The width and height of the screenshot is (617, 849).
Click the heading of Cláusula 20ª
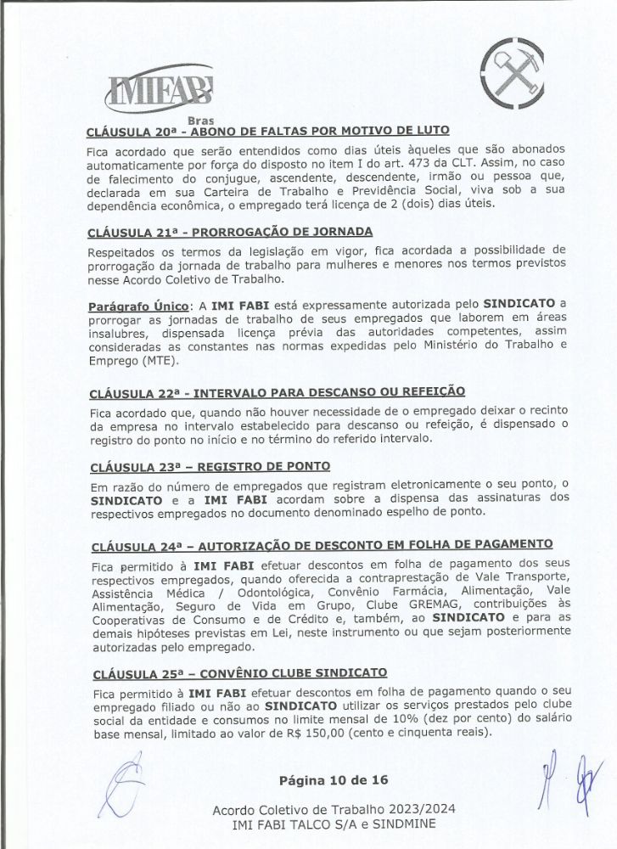tap(267, 132)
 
